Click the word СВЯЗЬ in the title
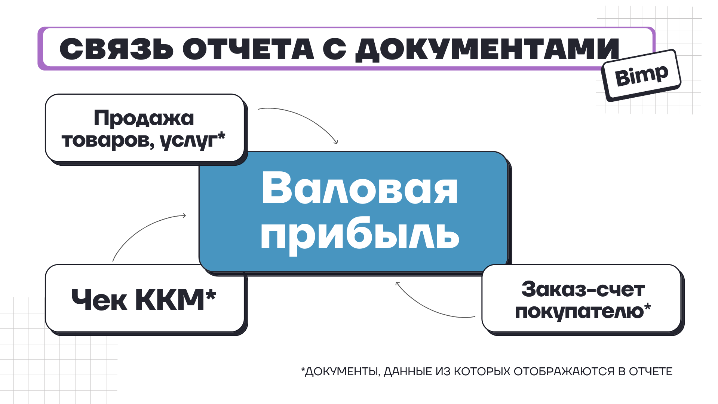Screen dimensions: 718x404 (x=117, y=49)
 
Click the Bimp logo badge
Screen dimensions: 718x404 (x=641, y=75)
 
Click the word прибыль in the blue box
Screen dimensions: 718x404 (x=360, y=235)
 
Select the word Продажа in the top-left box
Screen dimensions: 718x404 (x=144, y=119)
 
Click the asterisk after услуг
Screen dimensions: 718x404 (x=221, y=135)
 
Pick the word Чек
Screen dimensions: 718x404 (x=99, y=300)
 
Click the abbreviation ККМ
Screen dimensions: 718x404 (x=170, y=300)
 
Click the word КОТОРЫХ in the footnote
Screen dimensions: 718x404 (x=482, y=371)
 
